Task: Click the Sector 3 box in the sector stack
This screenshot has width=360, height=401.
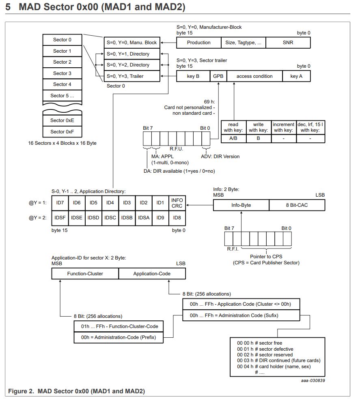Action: [x=62, y=73]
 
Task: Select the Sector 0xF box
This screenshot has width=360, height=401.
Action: [x=62, y=132]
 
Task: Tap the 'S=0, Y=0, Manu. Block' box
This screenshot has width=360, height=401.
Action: [x=132, y=43]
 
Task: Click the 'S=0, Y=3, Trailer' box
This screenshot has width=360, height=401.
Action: [x=132, y=76]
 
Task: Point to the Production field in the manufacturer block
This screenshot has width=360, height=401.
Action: [x=199, y=43]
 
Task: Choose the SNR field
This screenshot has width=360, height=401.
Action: [x=288, y=43]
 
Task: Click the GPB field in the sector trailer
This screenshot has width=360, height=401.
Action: [x=218, y=76]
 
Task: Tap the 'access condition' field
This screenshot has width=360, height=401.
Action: [x=254, y=76]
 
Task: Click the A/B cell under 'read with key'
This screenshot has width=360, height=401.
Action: [x=233, y=138]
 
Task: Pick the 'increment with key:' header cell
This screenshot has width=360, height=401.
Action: [x=284, y=127]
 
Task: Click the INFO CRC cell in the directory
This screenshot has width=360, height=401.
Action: [x=177, y=203]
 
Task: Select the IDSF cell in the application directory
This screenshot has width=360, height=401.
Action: [x=60, y=218]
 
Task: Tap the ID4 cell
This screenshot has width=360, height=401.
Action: [x=110, y=203]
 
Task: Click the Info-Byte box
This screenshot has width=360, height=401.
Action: [x=241, y=205]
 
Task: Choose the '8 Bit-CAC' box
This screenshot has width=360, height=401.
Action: [x=297, y=205]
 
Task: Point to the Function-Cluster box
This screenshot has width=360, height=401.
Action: [x=85, y=274]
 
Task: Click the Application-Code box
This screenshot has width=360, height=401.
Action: [x=152, y=274]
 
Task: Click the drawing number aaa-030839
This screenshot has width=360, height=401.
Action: [x=313, y=380]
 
